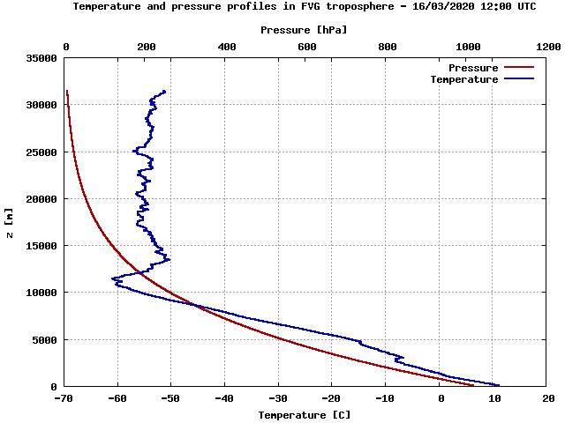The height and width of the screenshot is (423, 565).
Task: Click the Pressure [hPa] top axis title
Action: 304,29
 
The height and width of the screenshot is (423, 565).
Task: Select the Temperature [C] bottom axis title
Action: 304,414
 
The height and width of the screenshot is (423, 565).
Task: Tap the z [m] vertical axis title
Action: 9,222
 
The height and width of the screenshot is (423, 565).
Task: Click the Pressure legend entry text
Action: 473,68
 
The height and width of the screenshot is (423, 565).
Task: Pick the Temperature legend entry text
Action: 464,79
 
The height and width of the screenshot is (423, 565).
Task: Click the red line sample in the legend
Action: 520,68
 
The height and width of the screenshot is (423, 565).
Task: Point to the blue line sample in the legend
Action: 520,79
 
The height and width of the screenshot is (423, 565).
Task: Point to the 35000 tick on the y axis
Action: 42,58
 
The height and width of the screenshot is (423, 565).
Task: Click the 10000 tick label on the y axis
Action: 42,293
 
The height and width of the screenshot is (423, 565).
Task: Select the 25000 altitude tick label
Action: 42,152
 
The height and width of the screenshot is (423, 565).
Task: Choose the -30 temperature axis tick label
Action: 279,398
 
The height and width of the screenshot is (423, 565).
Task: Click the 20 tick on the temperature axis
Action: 548,398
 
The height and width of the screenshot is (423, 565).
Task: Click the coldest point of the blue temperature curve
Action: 113,278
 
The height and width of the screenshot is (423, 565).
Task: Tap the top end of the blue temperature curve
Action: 164,91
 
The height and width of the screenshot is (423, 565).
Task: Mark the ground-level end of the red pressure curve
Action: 473,385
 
